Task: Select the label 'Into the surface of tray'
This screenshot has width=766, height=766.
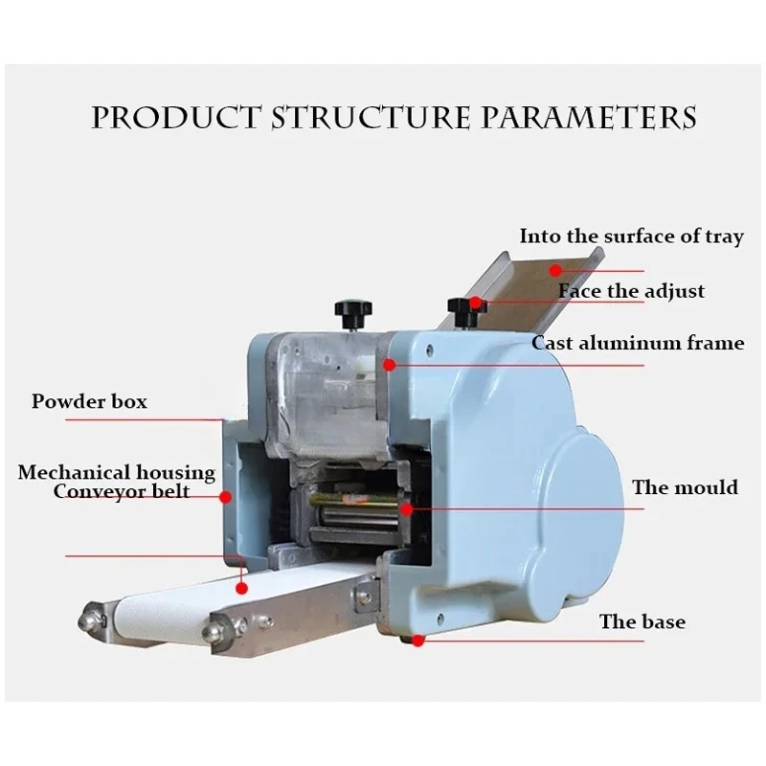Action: point(631,236)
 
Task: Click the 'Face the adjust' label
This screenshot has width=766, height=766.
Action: point(631,290)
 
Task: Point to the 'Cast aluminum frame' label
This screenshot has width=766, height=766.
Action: point(638,342)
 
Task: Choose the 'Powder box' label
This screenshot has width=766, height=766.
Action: point(89,400)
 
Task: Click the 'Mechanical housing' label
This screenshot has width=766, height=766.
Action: point(116,472)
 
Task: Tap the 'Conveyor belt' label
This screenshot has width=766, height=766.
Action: point(121,492)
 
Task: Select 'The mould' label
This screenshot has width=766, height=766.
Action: point(685,487)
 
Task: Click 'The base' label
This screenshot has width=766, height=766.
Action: point(642,621)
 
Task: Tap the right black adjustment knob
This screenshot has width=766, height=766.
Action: point(463,306)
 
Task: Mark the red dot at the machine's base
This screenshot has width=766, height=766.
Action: point(418,642)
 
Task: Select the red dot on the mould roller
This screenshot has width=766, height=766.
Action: point(407,508)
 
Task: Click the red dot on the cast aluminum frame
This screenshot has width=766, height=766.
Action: point(389,364)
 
